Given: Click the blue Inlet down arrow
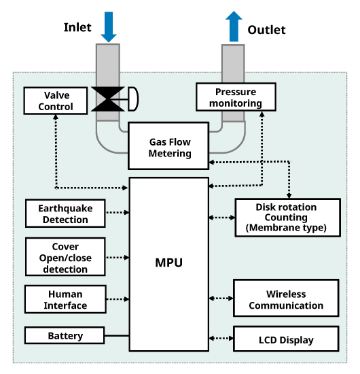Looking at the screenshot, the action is point(109,27).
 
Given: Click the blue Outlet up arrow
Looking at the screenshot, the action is point(234,27).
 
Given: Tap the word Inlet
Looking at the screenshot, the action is point(77,27).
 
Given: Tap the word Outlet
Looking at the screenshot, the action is point(266,30).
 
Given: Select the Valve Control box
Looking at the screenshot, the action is point(56,101).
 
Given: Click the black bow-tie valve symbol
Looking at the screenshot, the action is point(108,99).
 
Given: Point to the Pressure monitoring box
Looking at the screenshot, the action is point(236,97).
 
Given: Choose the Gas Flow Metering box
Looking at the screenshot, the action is point(168,146).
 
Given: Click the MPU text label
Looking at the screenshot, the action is point(169,263).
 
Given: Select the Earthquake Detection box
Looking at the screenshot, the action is point(65,214).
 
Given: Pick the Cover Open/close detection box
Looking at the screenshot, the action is point(65,257).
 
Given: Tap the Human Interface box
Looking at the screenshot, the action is point(65,299).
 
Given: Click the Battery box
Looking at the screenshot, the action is point(65,336).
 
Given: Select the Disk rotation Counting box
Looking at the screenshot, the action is point(287,218).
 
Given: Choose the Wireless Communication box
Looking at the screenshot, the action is point(286,298).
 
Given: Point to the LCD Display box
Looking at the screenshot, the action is point(286,339).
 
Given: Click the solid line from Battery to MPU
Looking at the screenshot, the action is point(117,336).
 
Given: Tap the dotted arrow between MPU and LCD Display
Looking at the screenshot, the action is point(221,338).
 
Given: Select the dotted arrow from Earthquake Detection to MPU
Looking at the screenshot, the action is point(118,212).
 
